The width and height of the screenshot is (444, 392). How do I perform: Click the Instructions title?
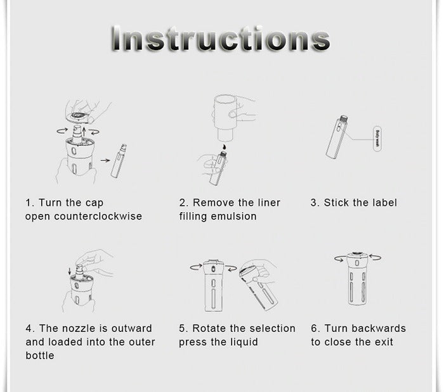221,39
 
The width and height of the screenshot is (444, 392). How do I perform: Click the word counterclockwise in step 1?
98,216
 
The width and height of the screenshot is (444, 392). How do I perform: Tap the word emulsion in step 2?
233,216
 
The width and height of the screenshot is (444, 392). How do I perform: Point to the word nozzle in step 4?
79,328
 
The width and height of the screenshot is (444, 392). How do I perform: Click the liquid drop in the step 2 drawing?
224,147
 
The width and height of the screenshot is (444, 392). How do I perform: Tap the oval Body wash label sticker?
377,139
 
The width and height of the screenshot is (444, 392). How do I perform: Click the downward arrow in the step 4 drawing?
70,271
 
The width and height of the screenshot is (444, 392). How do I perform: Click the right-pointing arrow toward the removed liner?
105,160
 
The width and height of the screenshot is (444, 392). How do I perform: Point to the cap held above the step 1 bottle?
79,117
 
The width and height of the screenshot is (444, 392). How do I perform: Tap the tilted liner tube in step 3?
337,137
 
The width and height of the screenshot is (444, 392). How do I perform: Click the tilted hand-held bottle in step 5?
258,286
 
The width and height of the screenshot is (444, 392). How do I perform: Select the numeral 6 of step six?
313,328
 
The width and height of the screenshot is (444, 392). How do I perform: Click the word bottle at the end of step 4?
40,355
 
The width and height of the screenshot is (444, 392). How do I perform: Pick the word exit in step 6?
384,342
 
